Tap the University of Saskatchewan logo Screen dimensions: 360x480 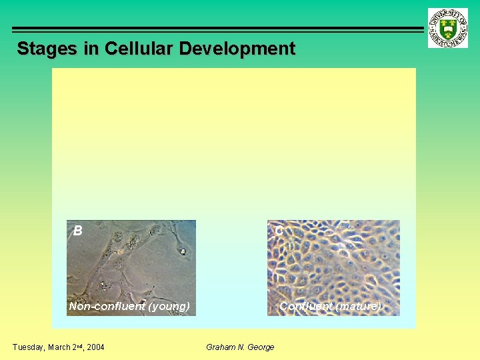point(448,28)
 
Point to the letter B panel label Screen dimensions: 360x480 point(78,231)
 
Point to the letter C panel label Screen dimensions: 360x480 point(279,231)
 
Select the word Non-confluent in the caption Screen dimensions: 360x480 point(107,307)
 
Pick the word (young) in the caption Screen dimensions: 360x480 point(169,307)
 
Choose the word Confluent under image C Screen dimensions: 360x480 point(306,307)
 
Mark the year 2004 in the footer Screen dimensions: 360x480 point(94,347)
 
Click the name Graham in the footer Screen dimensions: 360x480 point(221,347)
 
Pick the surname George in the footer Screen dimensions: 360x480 point(261,347)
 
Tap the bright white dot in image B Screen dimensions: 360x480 point(182,252)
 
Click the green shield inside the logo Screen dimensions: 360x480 point(448,29)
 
